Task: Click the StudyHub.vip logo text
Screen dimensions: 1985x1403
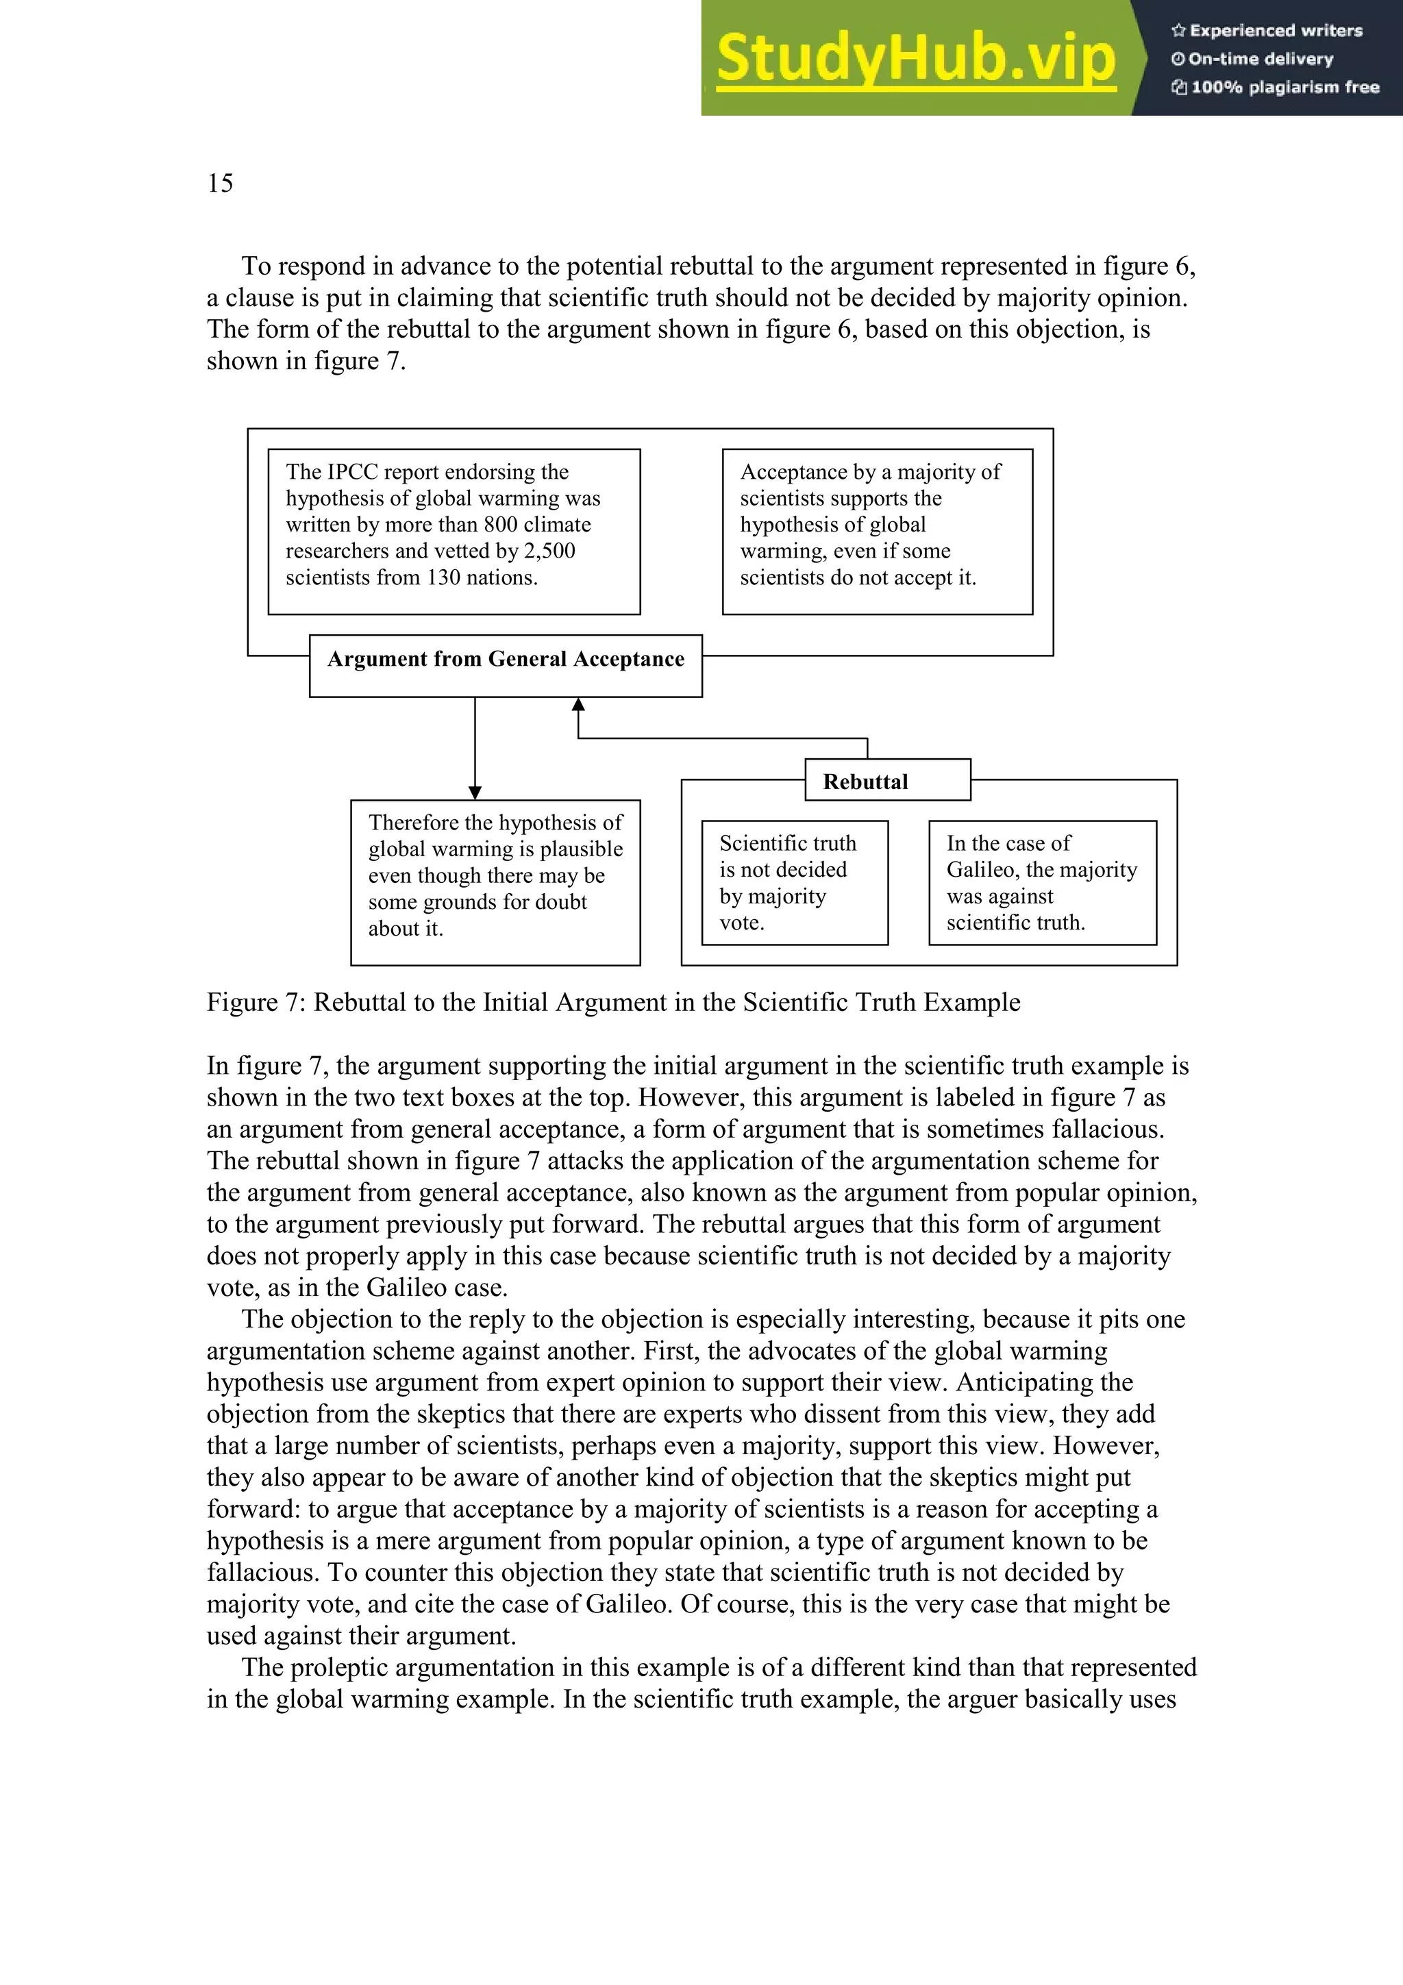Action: (x=915, y=58)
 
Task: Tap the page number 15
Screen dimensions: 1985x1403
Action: (x=220, y=184)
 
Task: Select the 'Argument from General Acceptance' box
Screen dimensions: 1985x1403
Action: (x=506, y=665)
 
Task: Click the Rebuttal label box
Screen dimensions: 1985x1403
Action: (x=887, y=781)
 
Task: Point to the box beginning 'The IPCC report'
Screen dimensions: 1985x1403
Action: (x=454, y=531)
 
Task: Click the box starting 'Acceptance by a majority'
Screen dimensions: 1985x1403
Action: (x=877, y=531)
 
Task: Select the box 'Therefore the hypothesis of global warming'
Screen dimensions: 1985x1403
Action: (x=495, y=881)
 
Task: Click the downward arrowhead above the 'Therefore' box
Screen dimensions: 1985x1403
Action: (x=475, y=792)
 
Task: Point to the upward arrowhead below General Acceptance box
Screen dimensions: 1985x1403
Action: (x=578, y=705)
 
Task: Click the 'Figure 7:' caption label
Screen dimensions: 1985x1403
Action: (x=256, y=1002)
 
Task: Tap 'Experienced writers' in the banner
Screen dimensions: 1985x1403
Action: (x=1275, y=30)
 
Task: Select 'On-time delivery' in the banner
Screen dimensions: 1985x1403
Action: (x=1261, y=59)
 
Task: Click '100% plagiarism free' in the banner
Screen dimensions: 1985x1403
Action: (x=1284, y=87)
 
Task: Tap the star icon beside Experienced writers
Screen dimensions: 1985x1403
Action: (x=1178, y=31)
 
